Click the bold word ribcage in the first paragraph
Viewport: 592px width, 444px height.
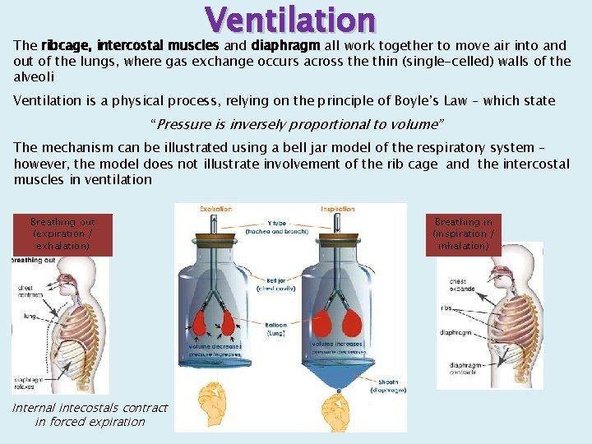65,46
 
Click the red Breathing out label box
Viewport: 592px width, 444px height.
62,234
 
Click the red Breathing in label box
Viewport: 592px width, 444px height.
464,234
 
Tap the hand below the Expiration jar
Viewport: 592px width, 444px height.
215,399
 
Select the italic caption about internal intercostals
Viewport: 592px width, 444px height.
90,414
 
